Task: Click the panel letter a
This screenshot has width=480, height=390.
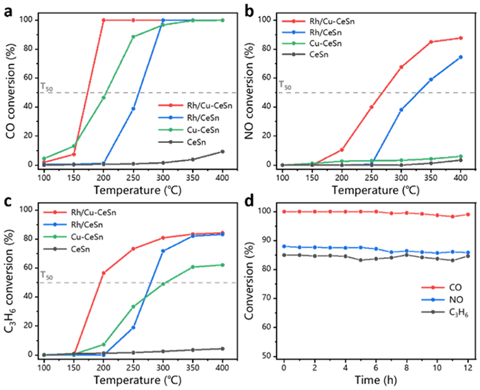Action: point(8,9)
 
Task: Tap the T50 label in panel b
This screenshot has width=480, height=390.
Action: point(284,85)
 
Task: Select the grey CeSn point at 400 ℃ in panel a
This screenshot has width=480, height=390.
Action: point(222,152)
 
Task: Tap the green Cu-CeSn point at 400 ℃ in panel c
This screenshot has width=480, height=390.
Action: point(222,265)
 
